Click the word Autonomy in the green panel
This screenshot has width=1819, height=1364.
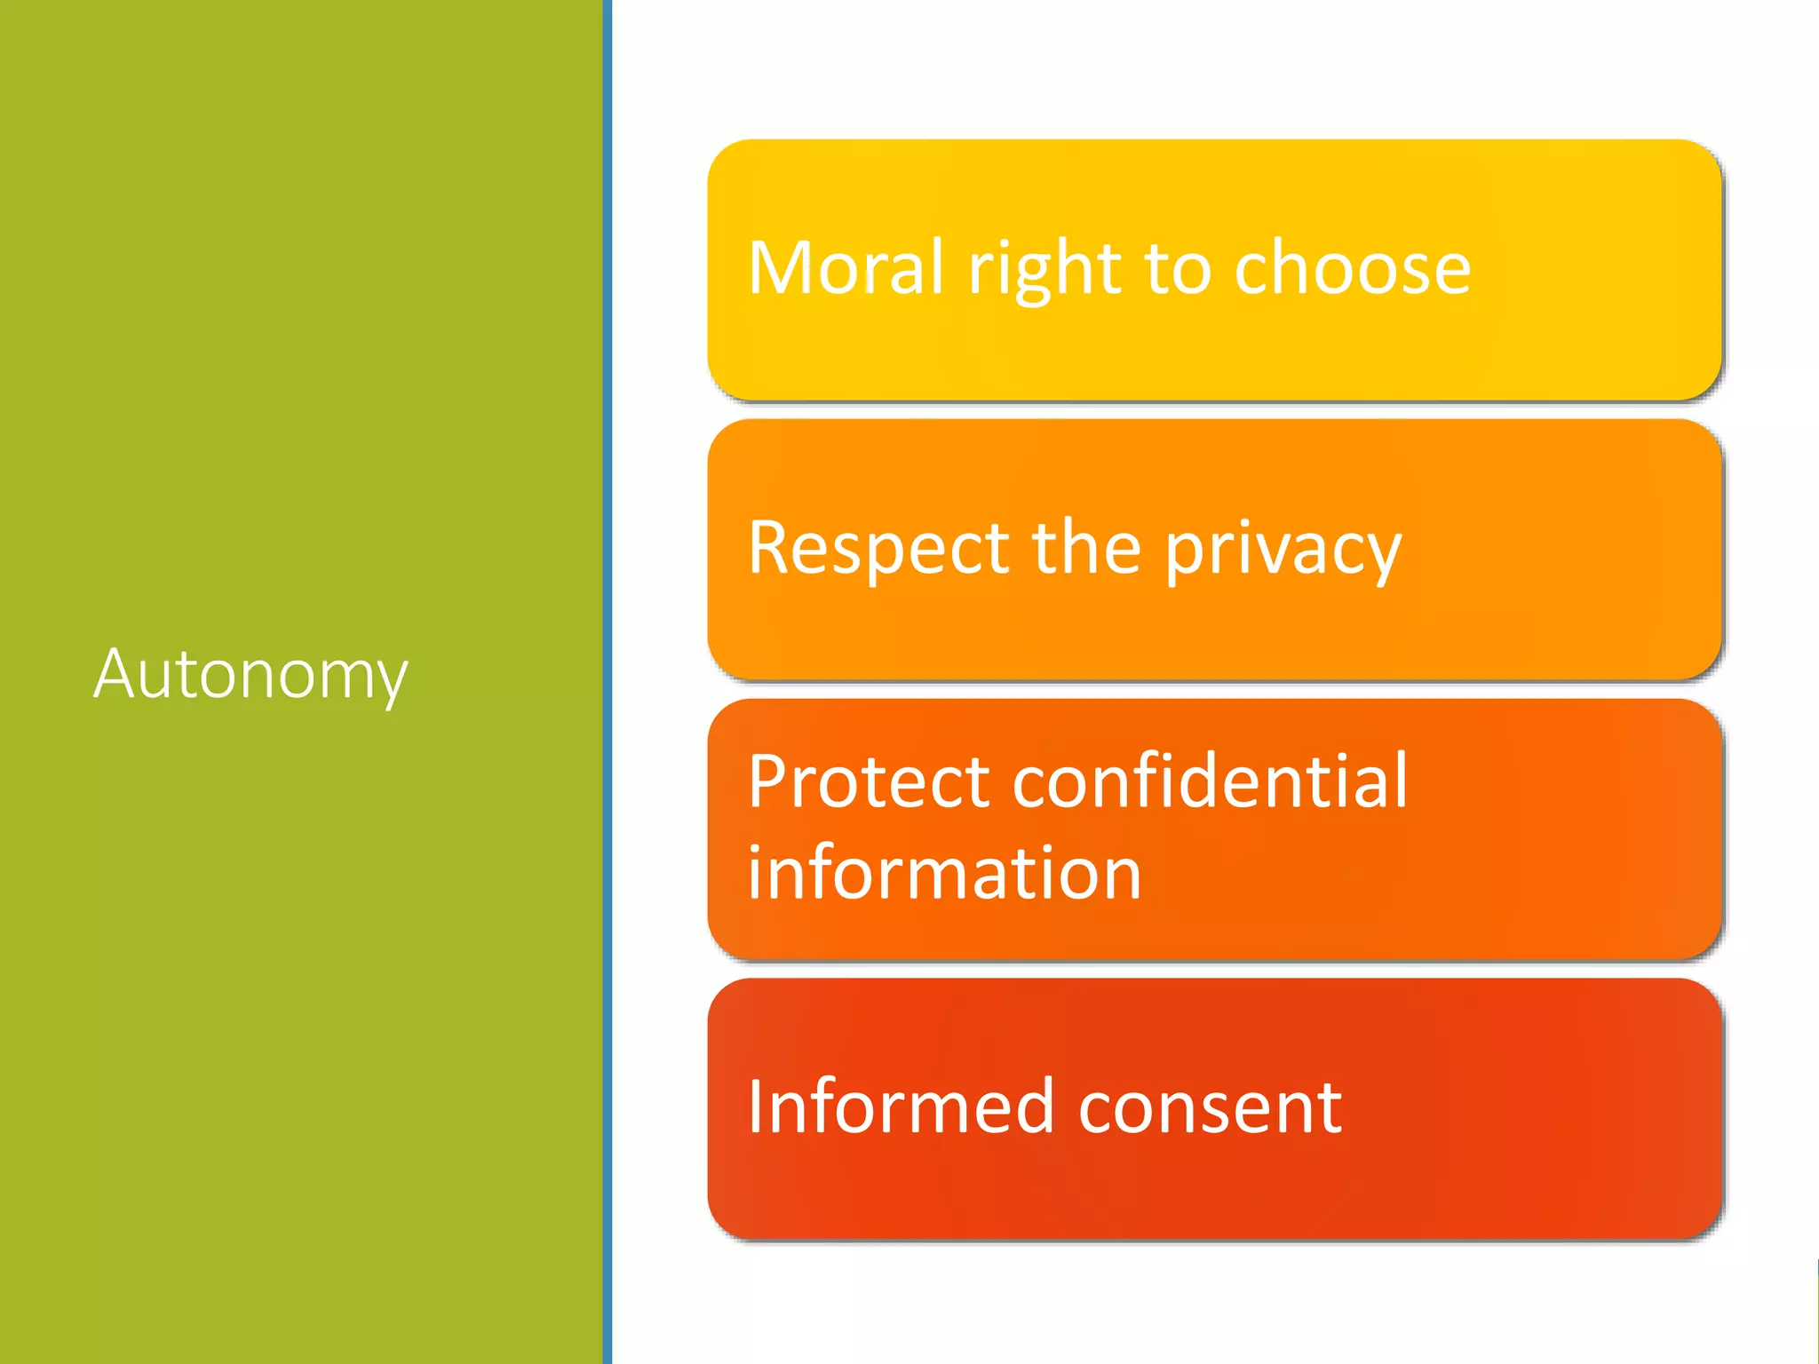coord(250,675)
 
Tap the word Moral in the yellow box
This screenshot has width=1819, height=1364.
coord(846,267)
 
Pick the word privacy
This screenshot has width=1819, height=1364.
coord(1283,550)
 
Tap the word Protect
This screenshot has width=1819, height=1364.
coord(869,781)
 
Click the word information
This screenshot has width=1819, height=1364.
coord(944,873)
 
